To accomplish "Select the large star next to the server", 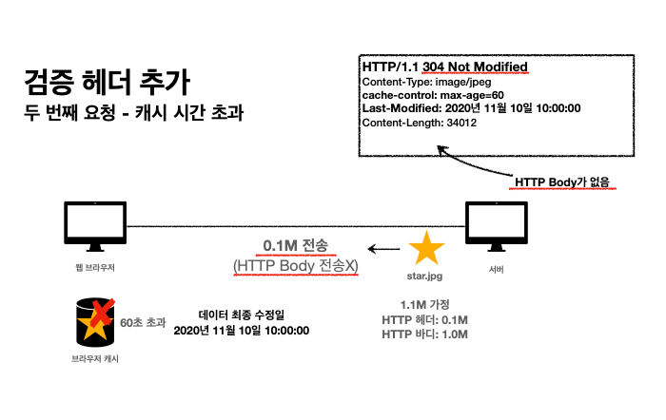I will point(425,249).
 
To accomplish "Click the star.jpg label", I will point(425,277).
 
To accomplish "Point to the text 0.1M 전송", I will point(294,246).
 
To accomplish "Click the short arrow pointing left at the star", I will point(384,250).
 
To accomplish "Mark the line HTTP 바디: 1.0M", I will point(424,334).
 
